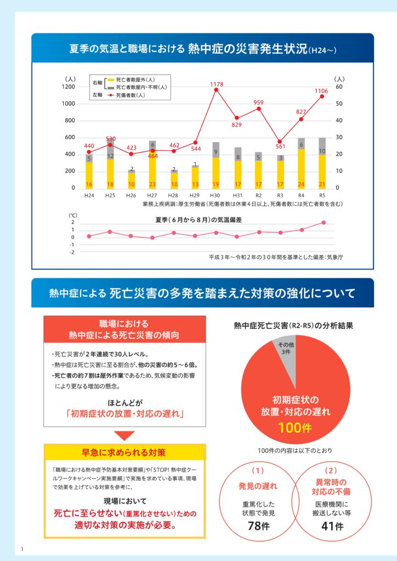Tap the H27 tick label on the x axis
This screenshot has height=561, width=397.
pyautogui.click(x=152, y=195)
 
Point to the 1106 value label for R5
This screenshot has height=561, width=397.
pyautogui.click(x=321, y=91)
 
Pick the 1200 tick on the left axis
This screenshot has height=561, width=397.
pyautogui.click(x=69, y=87)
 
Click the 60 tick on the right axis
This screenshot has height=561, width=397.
pyautogui.click(x=339, y=87)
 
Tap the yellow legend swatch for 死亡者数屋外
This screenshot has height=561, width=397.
pyautogui.click(x=110, y=80)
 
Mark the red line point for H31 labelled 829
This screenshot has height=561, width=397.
pyautogui.click(x=237, y=118)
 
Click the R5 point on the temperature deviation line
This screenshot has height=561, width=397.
pyautogui.click(x=324, y=222)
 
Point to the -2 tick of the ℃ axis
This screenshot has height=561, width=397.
pyautogui.click(x=72, y=253)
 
